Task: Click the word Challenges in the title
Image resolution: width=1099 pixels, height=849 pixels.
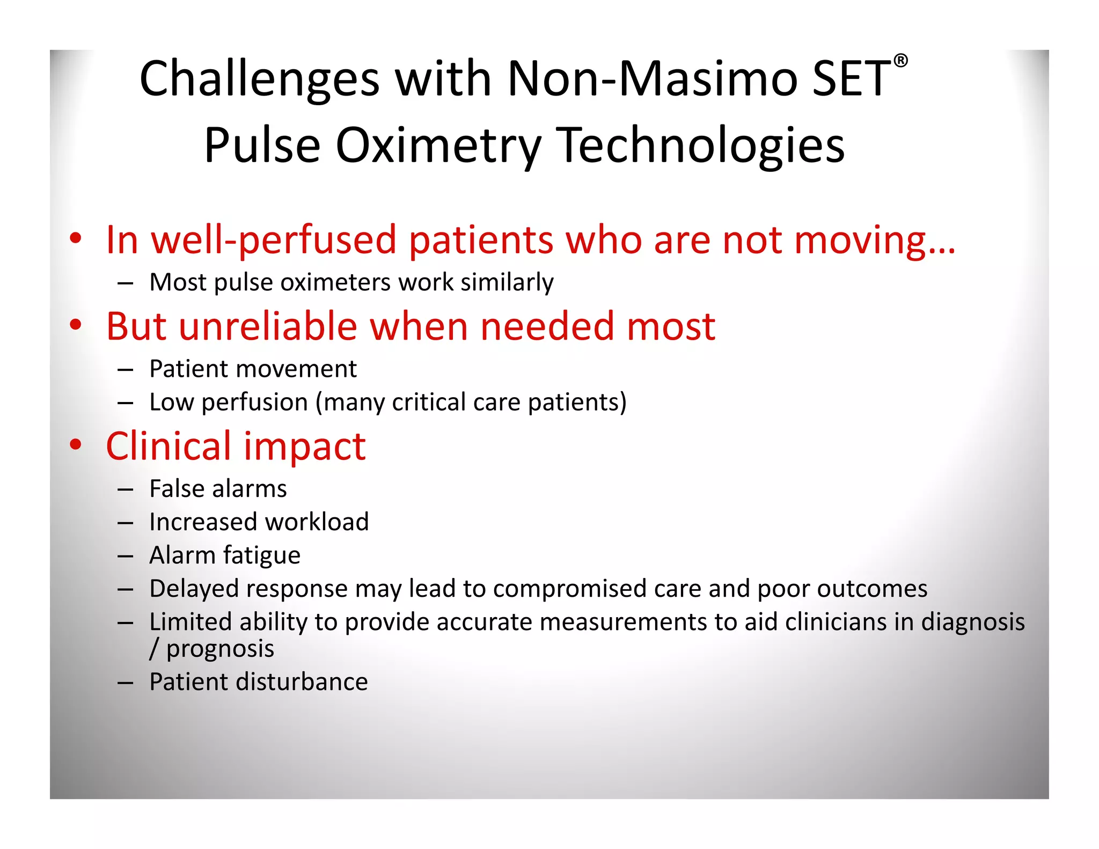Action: coord(260,79)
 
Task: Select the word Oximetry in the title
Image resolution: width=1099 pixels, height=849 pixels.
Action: coord(438,146)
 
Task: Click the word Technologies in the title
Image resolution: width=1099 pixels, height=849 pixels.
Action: coord(700,146)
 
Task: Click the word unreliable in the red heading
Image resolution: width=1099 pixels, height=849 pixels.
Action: coord(268,326)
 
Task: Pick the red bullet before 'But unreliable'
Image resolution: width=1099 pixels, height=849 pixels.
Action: coord(76,325)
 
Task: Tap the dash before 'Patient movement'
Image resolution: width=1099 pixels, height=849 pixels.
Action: coord(125,370)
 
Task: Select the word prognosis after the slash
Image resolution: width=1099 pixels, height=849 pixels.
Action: coord(220,649)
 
